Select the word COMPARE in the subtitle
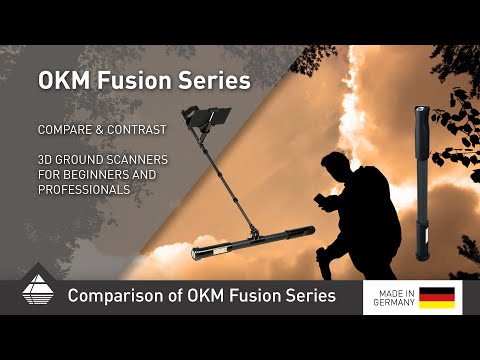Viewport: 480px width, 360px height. pyautogui.click(x=69, y=130)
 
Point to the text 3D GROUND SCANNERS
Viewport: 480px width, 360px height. pyautogui.click(x=103, y=160)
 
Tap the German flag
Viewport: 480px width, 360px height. pyautogui.click(x=436, y=297)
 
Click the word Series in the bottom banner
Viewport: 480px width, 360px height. pyautogui.click(x=305, y=296)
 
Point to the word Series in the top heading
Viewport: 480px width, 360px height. pyautogui.click(x=212, y=77)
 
